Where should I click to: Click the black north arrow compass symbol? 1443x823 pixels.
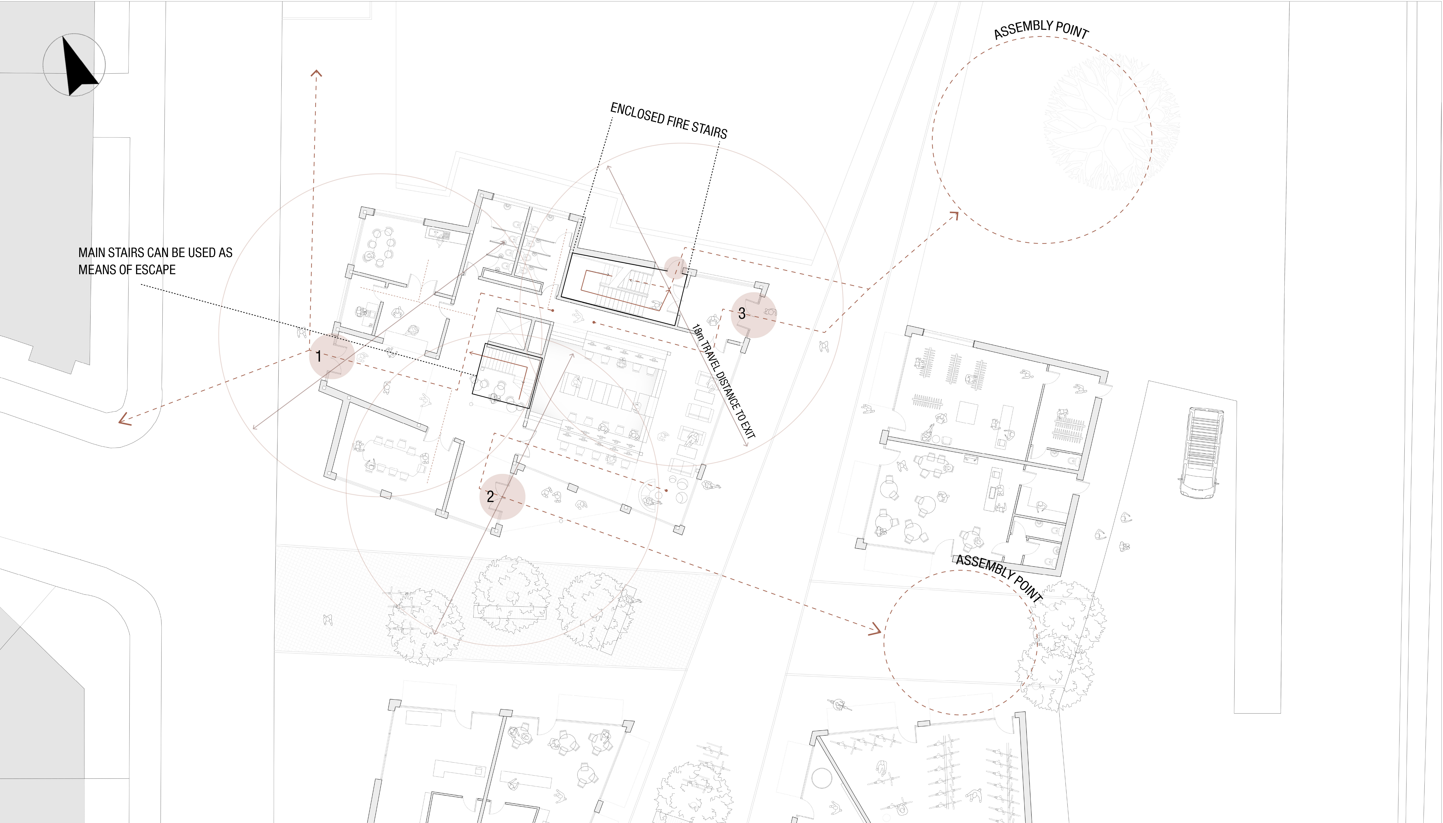click(x=79, y=67)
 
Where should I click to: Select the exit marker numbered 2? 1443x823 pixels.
click(x=502, y=496)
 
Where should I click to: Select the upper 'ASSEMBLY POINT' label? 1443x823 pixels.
click(x=1041, y=29)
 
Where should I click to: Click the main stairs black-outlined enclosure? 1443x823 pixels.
click(x=507, y=375)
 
